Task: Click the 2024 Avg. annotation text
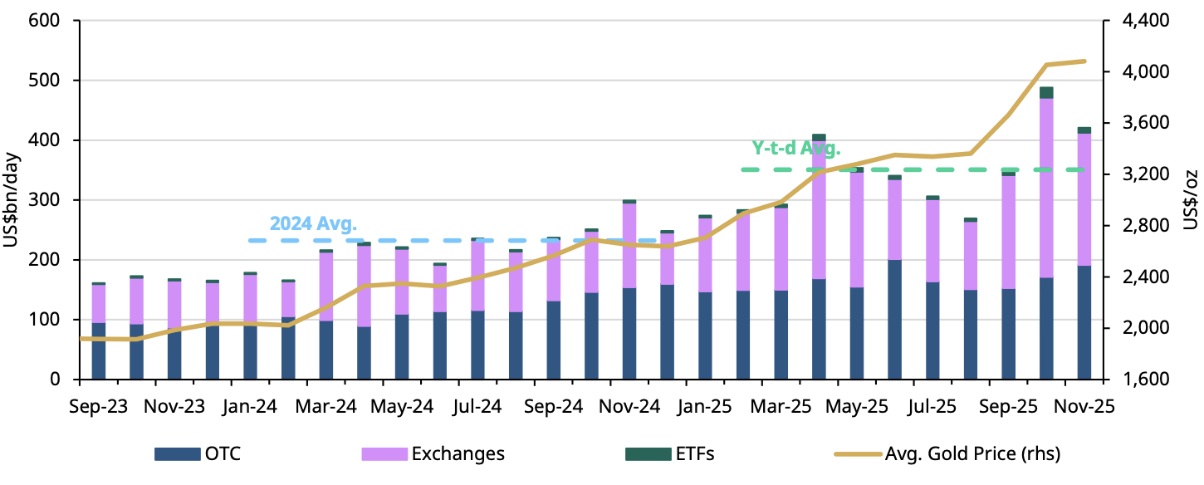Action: coord(313,224)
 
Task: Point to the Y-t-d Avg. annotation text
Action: coord(795,149)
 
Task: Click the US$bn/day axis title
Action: coord(13,199)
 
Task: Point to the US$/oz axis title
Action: coord(1190,199)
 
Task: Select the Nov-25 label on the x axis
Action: coord(1085,407)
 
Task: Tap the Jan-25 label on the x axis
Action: coord(706,407)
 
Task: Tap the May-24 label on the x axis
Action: coord(402,407)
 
